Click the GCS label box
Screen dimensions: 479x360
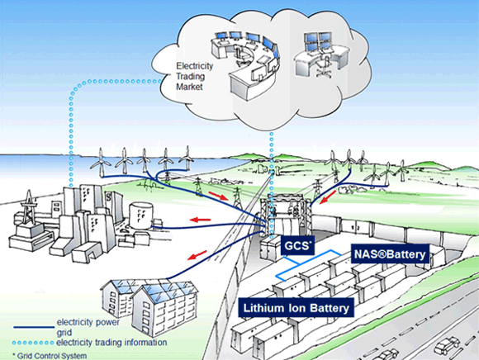tap(297, 245)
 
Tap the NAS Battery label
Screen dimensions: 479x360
tap(390, 253)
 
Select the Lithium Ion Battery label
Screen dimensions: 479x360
tap(296, 308)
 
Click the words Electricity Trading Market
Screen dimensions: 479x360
tap(194, 76)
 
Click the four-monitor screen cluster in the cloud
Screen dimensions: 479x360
tap(318, 42)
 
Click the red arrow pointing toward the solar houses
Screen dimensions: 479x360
tap(197, 255)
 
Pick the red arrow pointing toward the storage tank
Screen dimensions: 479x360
tap(200, 220)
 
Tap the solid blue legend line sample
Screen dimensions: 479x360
tap(34, 327)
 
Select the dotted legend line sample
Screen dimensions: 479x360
tap(33, 343)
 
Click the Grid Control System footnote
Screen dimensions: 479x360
tap(50, 356)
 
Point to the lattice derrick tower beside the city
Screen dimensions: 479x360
tap(28, 207)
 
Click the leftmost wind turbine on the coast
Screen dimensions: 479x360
tap(101, 163)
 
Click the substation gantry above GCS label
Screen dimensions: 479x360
tap(287, 214)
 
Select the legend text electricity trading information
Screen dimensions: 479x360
tap(111, 343)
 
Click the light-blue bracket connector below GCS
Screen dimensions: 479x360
tap(309, 264)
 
